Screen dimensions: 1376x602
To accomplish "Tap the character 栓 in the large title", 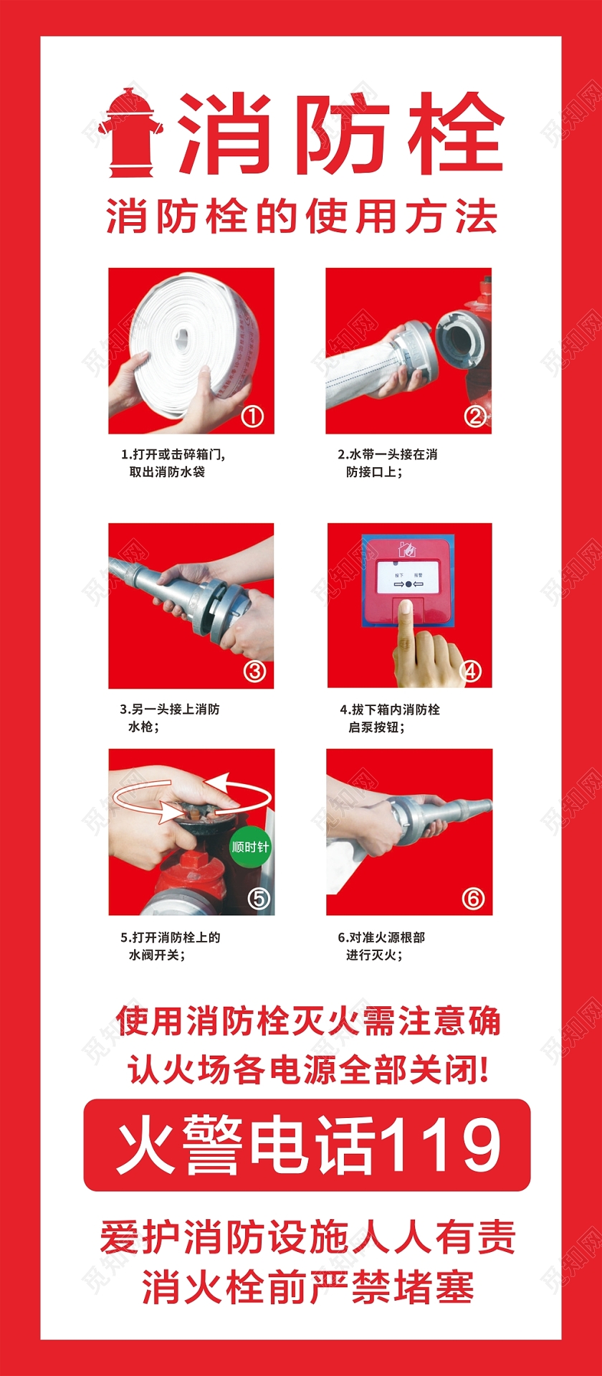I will [455, 133].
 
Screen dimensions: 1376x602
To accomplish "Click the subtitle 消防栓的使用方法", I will [302, 217].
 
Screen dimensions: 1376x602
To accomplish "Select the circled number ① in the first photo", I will [252, 416].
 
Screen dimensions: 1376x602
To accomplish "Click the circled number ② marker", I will [475, 416].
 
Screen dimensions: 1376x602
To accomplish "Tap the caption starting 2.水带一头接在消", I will [387, 463].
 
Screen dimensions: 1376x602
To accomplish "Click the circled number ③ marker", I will [254, 671].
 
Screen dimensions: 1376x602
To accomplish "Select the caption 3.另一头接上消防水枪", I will [169, 717].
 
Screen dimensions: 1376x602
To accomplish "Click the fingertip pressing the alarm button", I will [405, 608].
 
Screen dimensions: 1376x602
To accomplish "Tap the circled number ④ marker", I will [471, 671].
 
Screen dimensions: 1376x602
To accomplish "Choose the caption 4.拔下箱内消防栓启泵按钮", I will [389, 717].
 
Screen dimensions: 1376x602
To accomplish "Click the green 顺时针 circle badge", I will [249, 847].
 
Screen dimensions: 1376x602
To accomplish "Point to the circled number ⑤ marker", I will [258, 898].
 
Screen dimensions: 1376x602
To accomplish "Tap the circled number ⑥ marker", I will [473, 898].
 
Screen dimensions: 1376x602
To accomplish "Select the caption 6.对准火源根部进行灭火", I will [381, 945].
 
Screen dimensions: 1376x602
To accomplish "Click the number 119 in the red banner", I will [438, 1145].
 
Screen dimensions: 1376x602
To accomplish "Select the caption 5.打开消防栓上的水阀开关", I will [170, 945].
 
